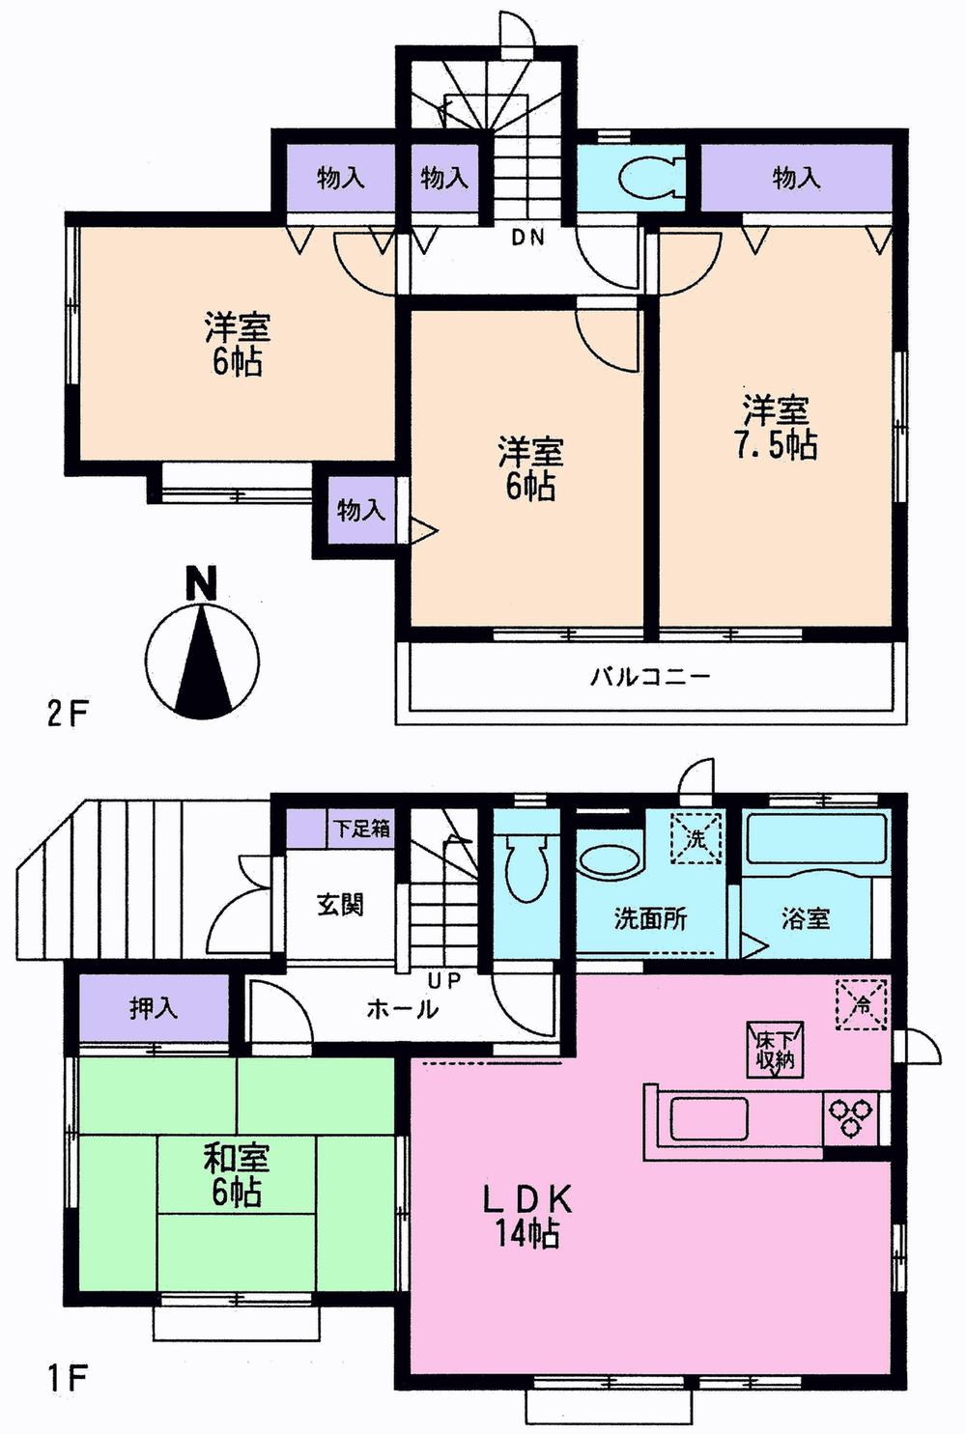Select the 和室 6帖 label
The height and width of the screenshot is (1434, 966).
coord(236,1174)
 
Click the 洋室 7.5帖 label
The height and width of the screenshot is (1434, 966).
coord(779,428)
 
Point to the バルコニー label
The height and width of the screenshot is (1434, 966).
coord(650,676)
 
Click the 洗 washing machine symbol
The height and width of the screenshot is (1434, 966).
coord(696,838)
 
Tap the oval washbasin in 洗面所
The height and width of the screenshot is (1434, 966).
coord(608,861)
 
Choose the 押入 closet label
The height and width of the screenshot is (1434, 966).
coord(154,1009)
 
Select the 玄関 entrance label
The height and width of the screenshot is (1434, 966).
coord(340,905)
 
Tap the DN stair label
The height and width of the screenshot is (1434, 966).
coord(527,237)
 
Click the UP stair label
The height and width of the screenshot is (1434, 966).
coord(444,981)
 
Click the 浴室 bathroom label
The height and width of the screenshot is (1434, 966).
coord(806,918)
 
